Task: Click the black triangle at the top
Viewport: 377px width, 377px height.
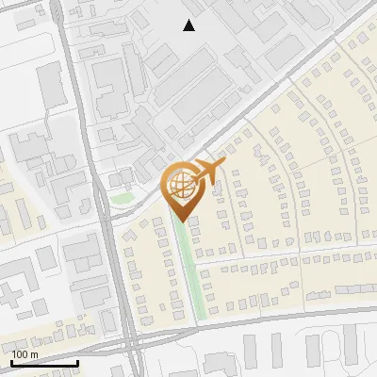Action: pyautogui.click(x=189, y=25)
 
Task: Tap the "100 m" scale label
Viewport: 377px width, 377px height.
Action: pyautogui.click(x=25, y=354)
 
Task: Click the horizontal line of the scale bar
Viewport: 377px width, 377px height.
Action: pyautogui.click(x=44, y=363)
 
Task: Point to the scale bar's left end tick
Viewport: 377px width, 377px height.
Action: pyautogui.click(x=11, y=361)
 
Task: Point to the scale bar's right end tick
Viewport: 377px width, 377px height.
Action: pyautogui.click(x=77, y=361)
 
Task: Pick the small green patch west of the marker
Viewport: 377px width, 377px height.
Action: pyautogui.click(x=123, y=198)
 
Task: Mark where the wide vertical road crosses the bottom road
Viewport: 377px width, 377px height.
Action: pyautogui.click(x=129, y=339)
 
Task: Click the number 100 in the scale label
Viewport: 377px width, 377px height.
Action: pyautogui.click(x=21, y=354)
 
